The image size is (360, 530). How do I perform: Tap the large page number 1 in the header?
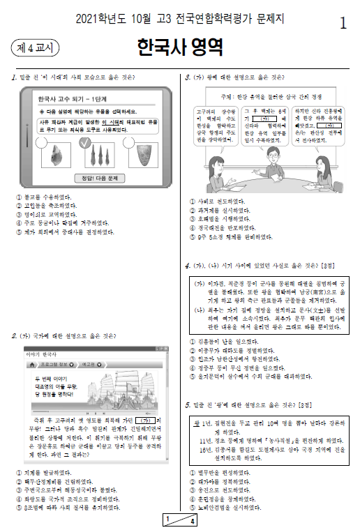pyautogui.click(x=343, y=23)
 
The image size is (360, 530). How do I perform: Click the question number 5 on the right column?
pyautogui.click(x=188, y=404)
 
